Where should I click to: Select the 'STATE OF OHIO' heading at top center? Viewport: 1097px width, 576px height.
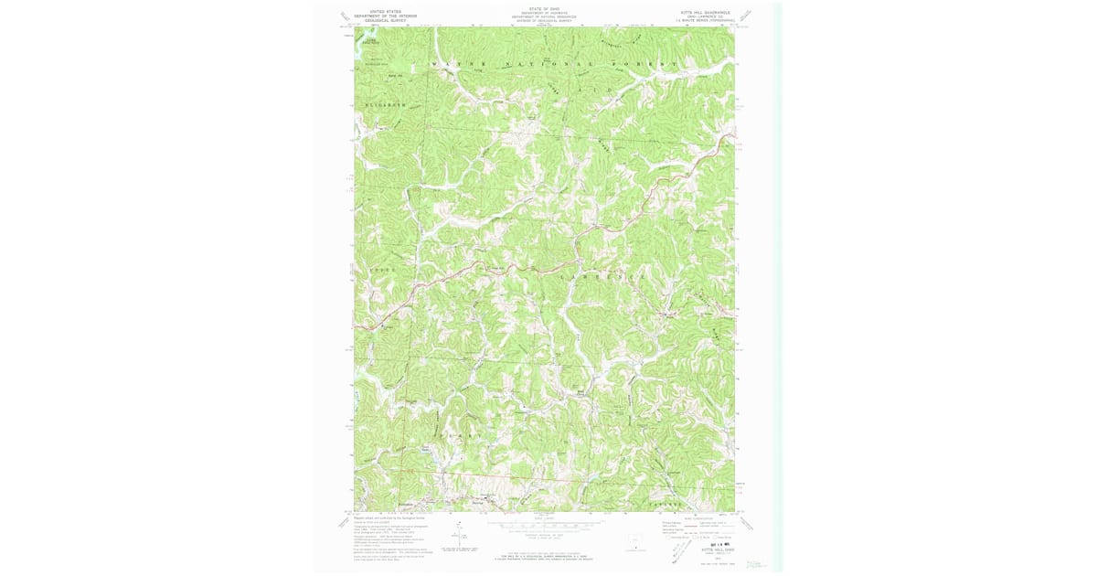pos(544,8)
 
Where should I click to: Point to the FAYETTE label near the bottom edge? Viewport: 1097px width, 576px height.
pos(665,504)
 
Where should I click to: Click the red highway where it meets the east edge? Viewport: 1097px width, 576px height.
pos(732,136)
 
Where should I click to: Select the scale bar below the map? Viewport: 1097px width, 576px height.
pos(544,524)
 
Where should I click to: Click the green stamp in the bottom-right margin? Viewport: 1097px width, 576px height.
pos(756,565)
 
